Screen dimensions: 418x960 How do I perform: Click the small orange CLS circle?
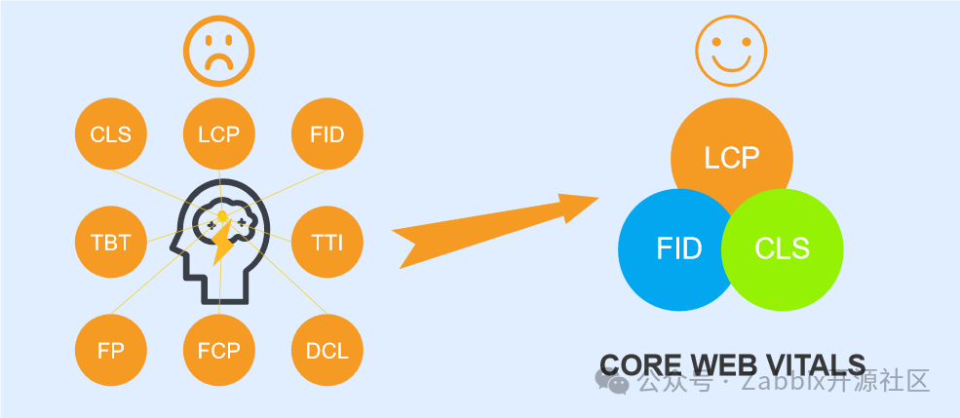110,134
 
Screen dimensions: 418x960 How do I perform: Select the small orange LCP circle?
218,134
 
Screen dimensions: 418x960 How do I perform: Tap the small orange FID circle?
327,134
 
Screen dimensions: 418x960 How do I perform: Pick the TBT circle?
110,242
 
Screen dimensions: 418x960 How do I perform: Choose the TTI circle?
327,242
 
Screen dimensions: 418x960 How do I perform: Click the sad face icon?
218,52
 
